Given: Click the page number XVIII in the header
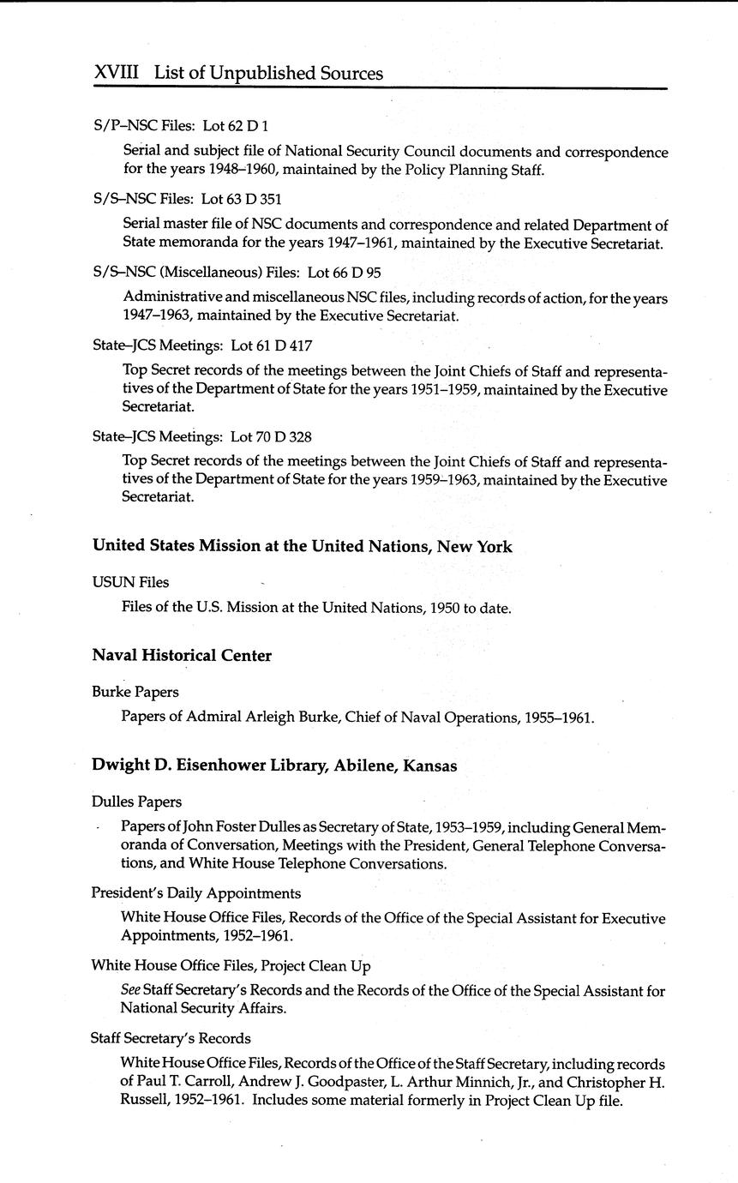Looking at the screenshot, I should [x=116, y=74].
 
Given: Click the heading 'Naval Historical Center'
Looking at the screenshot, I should [x=182, y=656].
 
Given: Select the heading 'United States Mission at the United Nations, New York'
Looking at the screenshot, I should [x=302, y=547].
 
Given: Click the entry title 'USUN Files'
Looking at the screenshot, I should [x=130, y=583].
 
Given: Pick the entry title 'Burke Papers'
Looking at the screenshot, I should [x=135, y=692].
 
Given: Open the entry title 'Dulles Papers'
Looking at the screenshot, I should [x=136, y=802].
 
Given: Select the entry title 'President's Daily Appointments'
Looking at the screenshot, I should [x=195, y=893].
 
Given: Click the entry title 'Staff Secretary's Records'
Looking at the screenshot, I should [x=171, y=1039].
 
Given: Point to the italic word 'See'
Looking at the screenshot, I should [x=130, y=991].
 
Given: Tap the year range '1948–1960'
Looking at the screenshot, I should [x=243, y=170].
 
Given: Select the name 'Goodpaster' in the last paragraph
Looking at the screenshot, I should [x=376, y=1082].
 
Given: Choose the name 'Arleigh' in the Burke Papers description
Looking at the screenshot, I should [x=269, y=717].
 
